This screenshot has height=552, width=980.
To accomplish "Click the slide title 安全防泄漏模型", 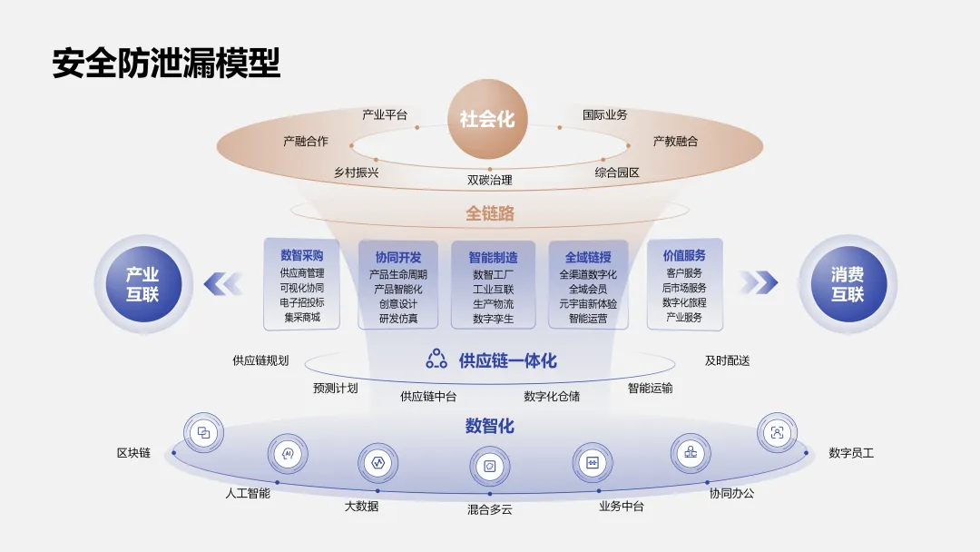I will point(166,63).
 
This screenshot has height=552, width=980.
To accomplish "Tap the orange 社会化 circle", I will point(486,119).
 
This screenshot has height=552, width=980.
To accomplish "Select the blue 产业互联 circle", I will point(142,283).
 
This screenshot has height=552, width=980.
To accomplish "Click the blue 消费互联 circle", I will point(848,283).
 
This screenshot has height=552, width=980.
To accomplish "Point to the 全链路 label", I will point(490,213).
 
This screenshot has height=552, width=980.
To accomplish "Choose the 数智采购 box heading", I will point(302,255).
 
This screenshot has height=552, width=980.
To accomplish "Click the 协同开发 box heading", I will point(398,257).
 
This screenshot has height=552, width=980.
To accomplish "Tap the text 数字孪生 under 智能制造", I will point(493,319).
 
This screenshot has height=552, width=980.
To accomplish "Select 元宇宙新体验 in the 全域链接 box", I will point(588,304).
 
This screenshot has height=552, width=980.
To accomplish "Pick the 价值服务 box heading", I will point(684,255).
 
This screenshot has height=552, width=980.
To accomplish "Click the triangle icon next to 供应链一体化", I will point(436,359).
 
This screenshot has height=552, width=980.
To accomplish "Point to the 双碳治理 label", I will point(490,180).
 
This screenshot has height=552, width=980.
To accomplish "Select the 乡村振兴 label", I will point(356,172).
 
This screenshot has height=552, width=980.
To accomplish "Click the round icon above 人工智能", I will point(288,453).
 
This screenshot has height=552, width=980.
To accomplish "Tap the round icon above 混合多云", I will point(489,466).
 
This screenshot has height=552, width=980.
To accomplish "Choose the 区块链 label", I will point(133,452).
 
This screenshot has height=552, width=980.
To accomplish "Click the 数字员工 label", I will point(851,452).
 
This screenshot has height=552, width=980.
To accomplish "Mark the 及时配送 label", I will point(727,360).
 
